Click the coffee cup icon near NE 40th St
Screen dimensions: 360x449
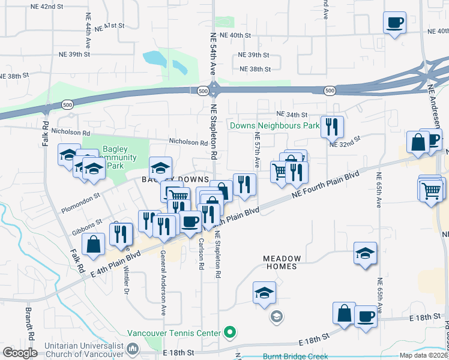coord(394,23)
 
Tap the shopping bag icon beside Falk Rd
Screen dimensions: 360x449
coord(93,245)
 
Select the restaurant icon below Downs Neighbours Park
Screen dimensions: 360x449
coord(331,127)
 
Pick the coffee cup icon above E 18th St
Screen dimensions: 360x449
coord(365,316)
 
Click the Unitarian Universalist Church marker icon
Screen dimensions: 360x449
coord(133,348)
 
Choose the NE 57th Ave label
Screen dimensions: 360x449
coord(257,150)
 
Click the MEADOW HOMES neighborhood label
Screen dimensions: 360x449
coord(282,259)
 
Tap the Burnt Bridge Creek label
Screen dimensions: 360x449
coord(295,355)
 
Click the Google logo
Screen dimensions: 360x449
coord(20,353)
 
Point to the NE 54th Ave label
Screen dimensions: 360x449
coord(212,54)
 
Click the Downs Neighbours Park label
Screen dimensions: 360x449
coord(273,126)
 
